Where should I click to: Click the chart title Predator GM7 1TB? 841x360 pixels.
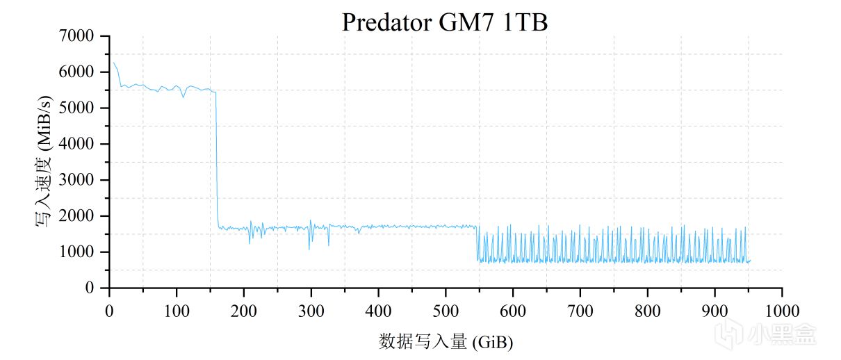(445, 22)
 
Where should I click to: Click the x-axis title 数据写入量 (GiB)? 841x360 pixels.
(446, 341)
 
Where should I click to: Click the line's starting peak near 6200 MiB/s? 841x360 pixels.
(114, 63)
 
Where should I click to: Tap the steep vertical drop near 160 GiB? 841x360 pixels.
(217, 160)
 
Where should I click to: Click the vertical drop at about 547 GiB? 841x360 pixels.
(477, 243)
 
